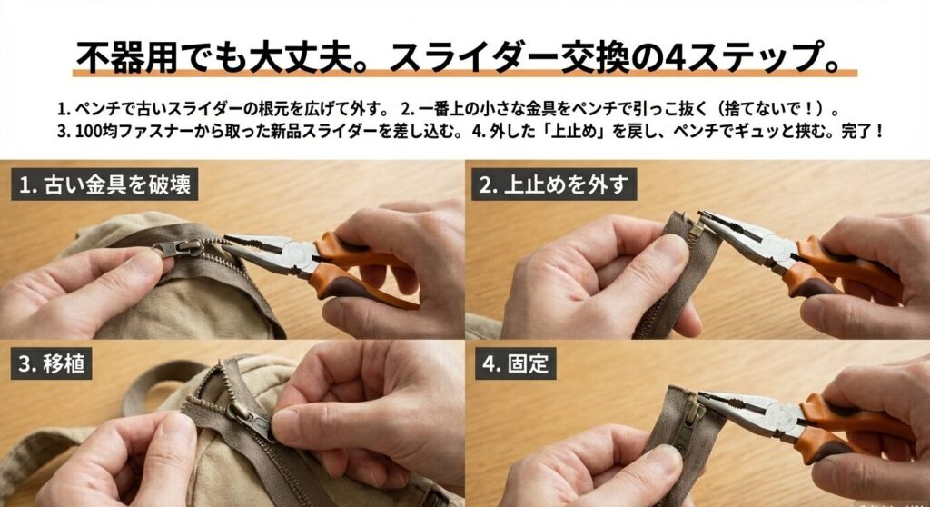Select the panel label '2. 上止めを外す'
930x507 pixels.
point(553,185)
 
